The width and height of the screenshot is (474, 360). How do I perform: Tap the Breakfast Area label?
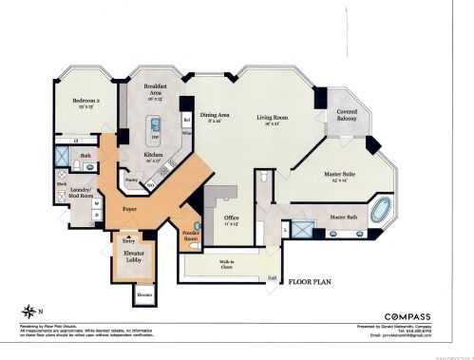pos(156,89)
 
